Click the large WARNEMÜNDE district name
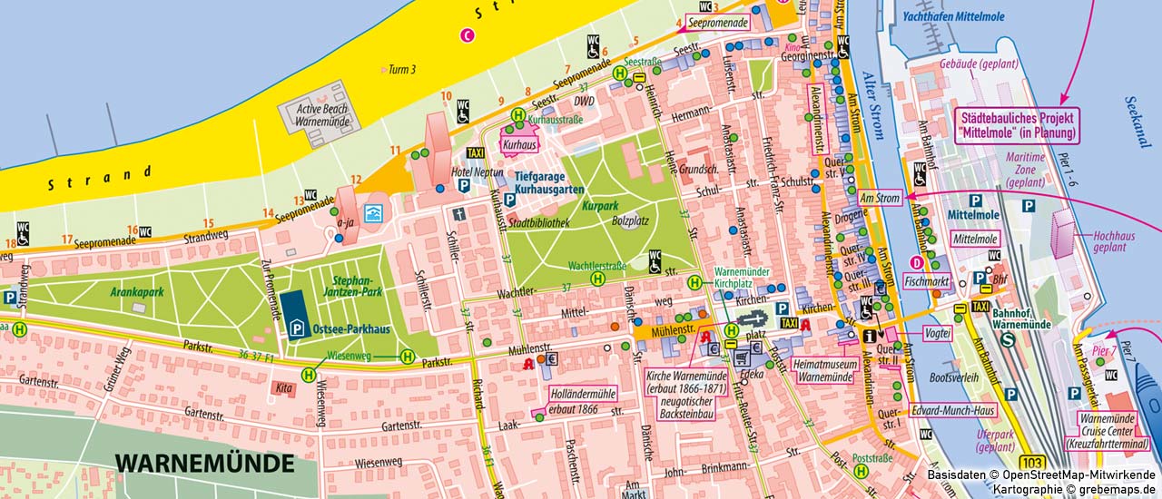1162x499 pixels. click(205, 463)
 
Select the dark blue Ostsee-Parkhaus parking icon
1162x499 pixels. click(292, 310)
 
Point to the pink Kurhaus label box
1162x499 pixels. click(519, 144)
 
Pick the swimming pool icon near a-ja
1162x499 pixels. click(371, 213)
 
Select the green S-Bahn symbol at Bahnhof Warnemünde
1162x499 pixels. click(1009, 341)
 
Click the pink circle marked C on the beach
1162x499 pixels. click(468, 35)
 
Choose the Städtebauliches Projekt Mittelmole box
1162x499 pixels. click(1017, 125)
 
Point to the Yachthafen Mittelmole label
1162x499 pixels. click(962, 15)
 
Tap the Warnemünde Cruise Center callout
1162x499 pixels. click(1114, 431)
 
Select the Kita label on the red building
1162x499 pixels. click(282, 387)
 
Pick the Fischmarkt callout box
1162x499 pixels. click(926, 282)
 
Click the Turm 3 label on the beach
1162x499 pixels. click(401, 69)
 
